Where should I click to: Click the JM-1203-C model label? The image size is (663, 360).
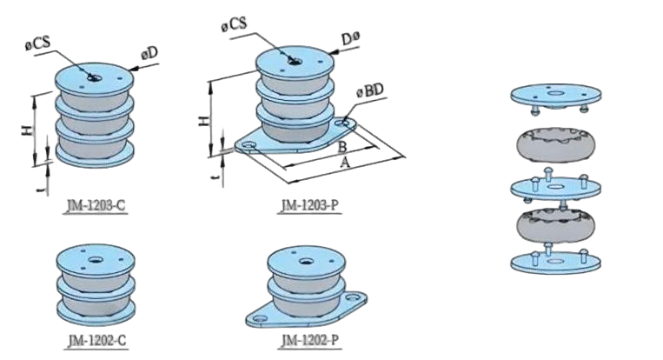(x=96, y=205)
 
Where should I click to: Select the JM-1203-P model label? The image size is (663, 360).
(x=310, y=205)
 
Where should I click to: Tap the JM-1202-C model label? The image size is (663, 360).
(x=96, y=341)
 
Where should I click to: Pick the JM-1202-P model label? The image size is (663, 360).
(x=310, y=341)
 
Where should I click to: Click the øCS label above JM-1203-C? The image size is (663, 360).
(x=37, y=43)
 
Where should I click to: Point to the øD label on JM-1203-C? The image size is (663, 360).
(x=149, y=54)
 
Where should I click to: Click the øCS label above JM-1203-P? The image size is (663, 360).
(x=234, y=24)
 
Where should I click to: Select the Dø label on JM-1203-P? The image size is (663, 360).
(x=350, y=39)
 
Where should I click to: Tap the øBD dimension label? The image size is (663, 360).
(x=370, y=91)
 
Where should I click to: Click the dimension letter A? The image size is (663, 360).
(x=345, y=162)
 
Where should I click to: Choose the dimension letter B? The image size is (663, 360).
(x=342, y=147)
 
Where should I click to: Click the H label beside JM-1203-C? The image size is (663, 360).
(x=27, y=130)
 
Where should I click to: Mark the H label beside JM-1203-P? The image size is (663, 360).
(x=204, y=121)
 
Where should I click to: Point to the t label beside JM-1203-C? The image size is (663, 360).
(x=41, y=190)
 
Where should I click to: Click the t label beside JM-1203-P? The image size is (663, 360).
(x=217, y=179)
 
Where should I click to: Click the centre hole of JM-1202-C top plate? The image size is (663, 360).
(x=95, y=259)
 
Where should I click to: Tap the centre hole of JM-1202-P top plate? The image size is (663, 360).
(x=307, y=261)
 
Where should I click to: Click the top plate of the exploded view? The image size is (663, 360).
(x=555, y=94)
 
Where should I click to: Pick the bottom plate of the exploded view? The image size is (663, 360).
(x=555, y=263)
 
